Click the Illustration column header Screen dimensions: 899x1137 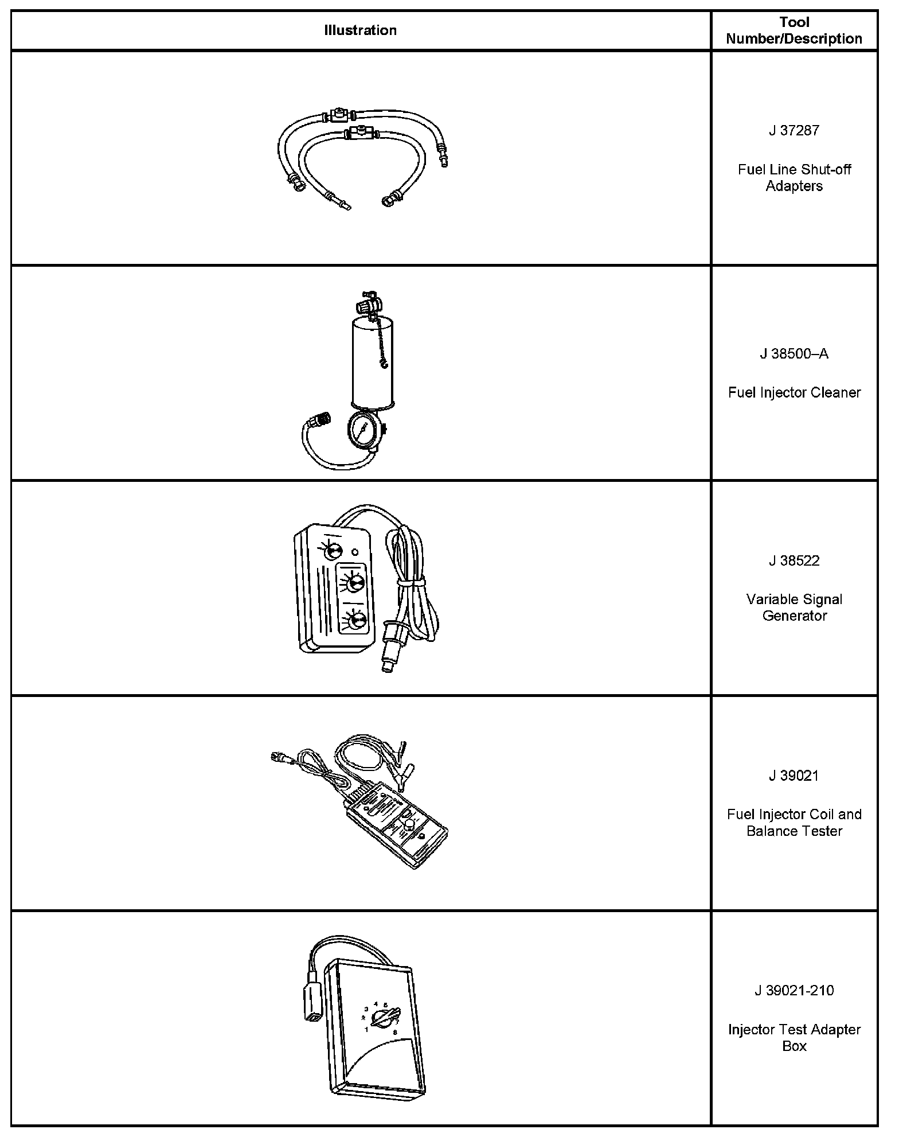pyautogui.click(x=360, y=30)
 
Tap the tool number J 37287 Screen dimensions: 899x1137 pyautogui.click(x=794, y=130)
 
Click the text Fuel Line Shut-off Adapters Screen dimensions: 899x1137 pyautogui.click(x=794, y=178)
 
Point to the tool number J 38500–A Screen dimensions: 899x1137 pyautogui.click(x=794, y=354)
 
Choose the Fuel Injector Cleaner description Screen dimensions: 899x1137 pyautogui.click(x=794, y=393)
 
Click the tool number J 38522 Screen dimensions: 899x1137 pyautogui.click(x=794, y=560)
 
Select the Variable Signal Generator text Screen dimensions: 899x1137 pyautogui.click(x=794, y=608)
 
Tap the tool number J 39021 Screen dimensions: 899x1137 pyautogui.click(x=794, y=776)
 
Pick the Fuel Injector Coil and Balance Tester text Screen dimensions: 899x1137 pyautogui.click(x=794, y=823)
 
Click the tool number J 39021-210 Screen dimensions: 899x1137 pyautogui.click(x=794, y=991)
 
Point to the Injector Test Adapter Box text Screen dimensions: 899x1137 pyautogui.click(x=794, y=1038)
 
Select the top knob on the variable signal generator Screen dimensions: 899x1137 pyautogui.click(x=332, y=551)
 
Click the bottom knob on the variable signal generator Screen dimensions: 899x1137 pyautogui.click(x=356, y=621)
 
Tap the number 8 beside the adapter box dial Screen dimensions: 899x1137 pyautogui.click(x=395, y=1033)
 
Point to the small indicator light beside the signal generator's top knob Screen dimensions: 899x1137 pyautogui.click(x=355, y=552)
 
